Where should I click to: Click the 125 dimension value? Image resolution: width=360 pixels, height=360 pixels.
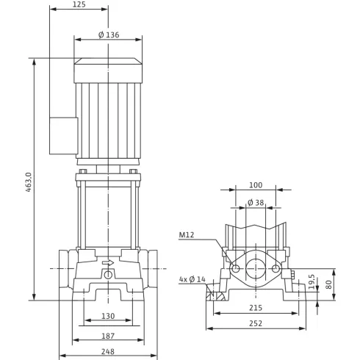point(79,4)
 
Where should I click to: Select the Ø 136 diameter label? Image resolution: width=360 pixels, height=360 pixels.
point(109,35)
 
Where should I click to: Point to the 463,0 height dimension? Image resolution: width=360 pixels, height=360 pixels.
point(29,182)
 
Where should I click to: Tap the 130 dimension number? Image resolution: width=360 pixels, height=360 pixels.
point(108,316)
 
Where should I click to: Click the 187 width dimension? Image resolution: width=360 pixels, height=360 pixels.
point(108,336)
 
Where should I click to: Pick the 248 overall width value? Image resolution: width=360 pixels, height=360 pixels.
point(108,352)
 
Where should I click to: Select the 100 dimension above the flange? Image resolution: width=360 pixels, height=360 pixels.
point(256,185)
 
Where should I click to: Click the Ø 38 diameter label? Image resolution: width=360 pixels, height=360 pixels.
point(256,203)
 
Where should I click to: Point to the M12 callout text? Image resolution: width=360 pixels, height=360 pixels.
point(187,235)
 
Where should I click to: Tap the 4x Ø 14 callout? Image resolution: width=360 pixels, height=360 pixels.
point(192,279)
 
